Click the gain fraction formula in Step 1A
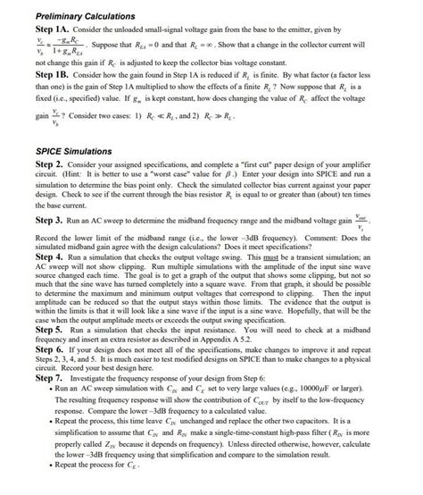click(x=59, y=46)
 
